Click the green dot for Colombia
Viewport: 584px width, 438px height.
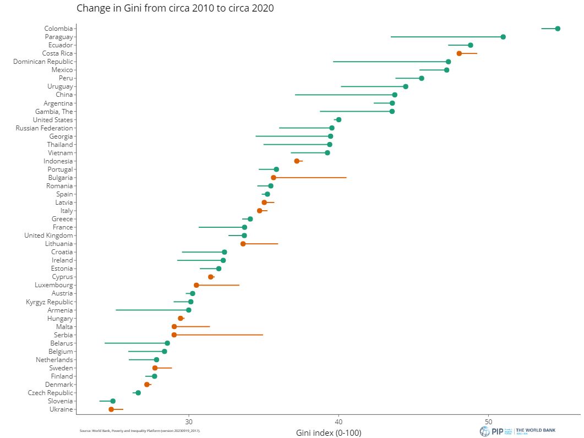558,29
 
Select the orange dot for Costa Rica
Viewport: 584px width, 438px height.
459,53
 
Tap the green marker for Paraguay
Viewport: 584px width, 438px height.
503,37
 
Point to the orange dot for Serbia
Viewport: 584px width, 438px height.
174,335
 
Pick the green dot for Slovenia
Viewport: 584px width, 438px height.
113,401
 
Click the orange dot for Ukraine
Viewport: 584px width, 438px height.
111,409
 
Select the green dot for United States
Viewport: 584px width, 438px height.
339,120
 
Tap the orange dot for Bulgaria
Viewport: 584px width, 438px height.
274,178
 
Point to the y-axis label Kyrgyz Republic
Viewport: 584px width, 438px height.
49,302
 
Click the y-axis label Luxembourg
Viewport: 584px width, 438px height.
53,285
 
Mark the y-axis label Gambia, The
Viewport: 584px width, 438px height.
53,112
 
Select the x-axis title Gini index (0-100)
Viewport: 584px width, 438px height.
329,432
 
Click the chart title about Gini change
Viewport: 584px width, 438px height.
175,8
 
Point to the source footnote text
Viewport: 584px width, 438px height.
140,430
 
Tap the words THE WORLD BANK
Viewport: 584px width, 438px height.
536,430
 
